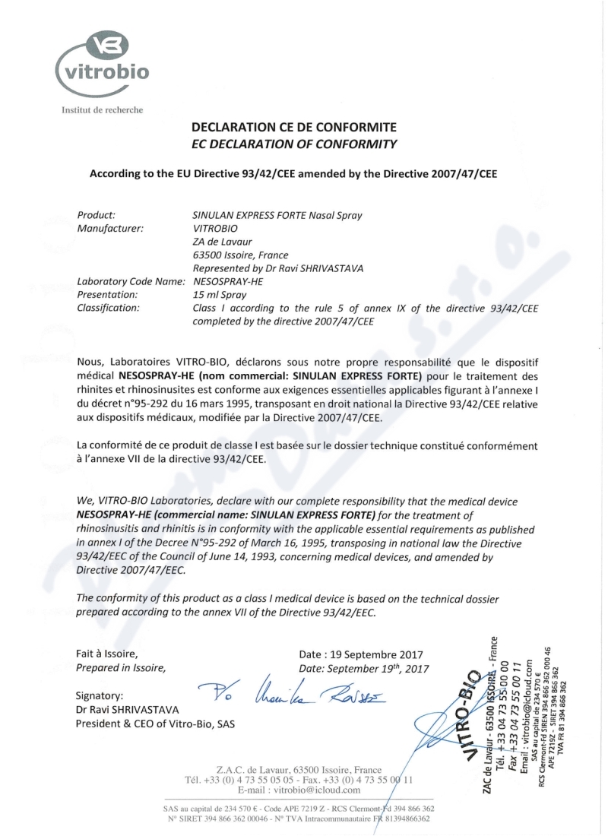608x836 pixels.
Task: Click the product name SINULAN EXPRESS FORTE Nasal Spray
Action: tap(278, 215)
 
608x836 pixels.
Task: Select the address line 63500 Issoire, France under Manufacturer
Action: tap(241, 255)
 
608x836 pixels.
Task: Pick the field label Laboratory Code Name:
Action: tap(131, 281)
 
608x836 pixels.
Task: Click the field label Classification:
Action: tap(109, 308)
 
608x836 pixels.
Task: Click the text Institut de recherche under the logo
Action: tap(97, 109)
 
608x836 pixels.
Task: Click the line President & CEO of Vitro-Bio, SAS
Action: tap(155, 723)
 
